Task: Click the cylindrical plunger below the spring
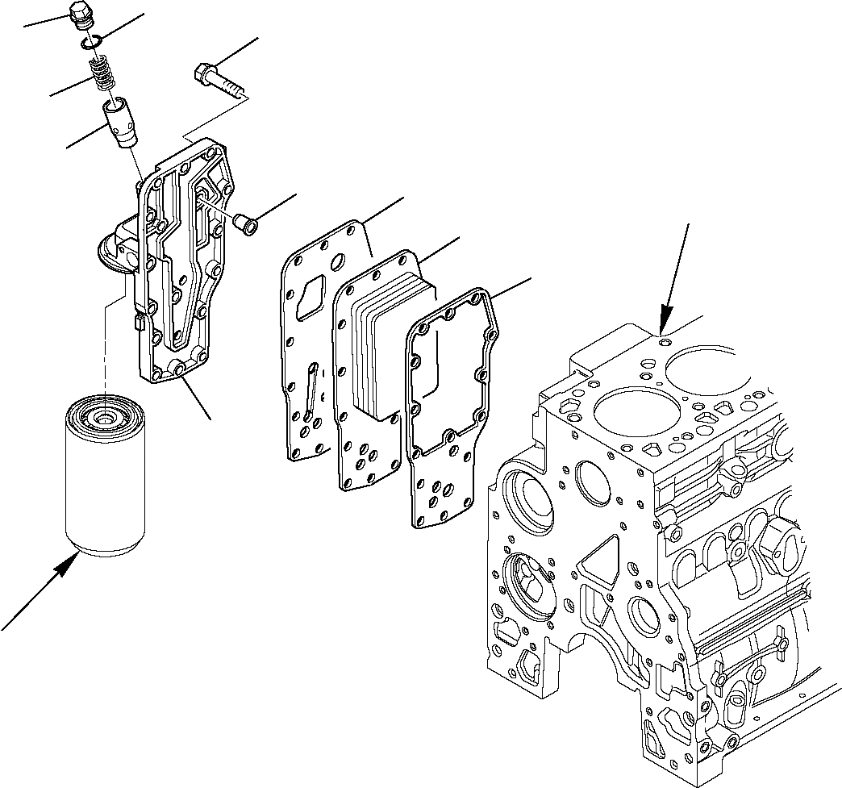pyautogui.click(x=119, y=123)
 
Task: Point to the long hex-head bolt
pyautogui.click(x=218, y=81)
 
